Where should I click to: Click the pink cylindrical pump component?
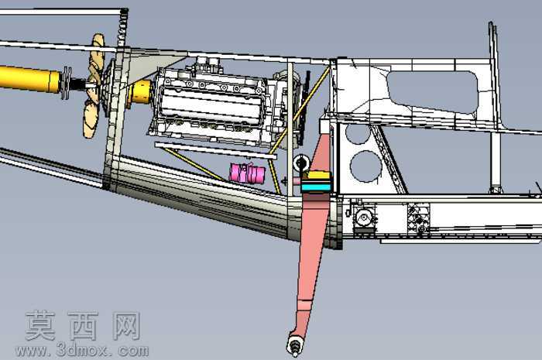(247, 173)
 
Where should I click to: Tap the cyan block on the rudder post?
(316, 188)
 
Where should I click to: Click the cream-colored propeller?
(94, 86)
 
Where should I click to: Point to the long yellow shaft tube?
(30, 79)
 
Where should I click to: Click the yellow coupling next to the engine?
(141, 92)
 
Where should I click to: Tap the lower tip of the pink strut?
(294, 351)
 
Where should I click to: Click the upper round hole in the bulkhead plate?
(358, 134)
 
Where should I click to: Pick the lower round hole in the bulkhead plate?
(366, 166)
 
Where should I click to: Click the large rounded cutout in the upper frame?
(432, 91)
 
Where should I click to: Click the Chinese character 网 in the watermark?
(126, 325)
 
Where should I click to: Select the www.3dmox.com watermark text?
(82, 351)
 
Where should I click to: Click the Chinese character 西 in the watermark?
(83, 325)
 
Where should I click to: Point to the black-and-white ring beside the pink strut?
(300, 163)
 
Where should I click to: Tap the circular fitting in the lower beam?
(365, 218)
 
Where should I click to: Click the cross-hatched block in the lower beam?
(419, 218)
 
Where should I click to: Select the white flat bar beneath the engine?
(216, 151)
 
